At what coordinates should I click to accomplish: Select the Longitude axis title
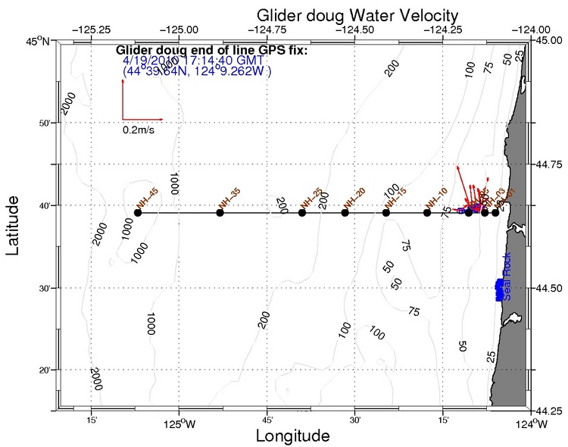pyautogui.click(x=292, y=436)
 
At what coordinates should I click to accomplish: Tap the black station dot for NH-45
pyautogui.click(x=137, y=213)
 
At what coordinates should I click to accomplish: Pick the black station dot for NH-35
pyautogui.click(x=220, y=213)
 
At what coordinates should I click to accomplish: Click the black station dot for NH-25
pyautogui.click(x=302, y=213)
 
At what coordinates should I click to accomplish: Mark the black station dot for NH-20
pyautogui.click(x=345, y=213)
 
